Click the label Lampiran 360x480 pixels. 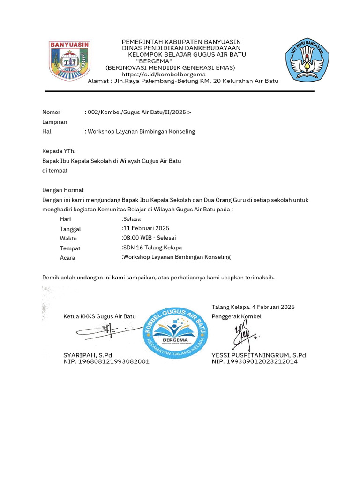[x=54, y=122]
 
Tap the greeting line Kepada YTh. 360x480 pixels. [x=59, y=151]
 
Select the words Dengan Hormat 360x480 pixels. [x=63, y=190]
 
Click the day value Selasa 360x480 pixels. [x=132, y=219]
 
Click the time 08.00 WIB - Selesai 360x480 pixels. [x=150, y=238]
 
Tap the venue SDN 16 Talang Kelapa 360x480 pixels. [x=152, y=247]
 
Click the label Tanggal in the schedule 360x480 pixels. [x=70, y=229]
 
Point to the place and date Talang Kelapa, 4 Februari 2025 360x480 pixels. [x=253, y=307]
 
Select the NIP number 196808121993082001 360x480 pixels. [x=106, y=362]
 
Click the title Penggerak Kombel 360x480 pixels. [x=236, y=316]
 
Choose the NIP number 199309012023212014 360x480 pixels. [x=254, y=362]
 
